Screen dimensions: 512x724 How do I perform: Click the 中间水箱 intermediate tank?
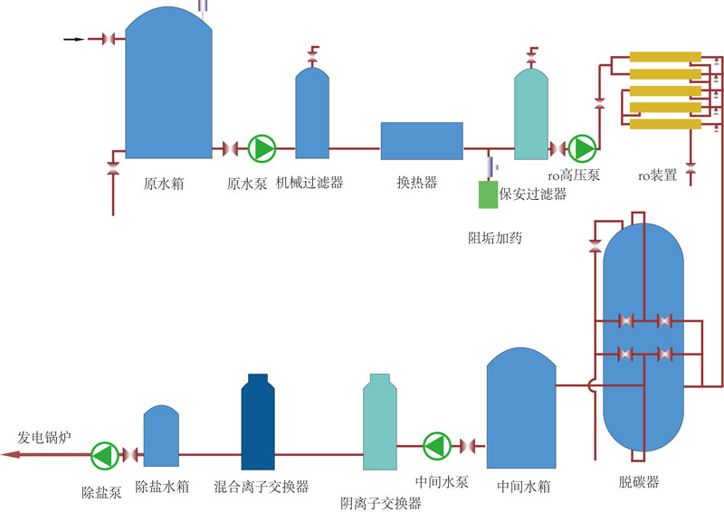[x=520, y=412]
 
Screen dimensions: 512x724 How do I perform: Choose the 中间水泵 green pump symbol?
[x=436, y=445]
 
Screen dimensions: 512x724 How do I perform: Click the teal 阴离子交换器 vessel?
[x=379, y=423]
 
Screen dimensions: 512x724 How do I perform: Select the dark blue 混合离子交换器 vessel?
[x=258, y=423]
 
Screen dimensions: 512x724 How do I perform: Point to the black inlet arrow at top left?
[x=74, y=39]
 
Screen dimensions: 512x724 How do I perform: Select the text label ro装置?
[x=658, y=175]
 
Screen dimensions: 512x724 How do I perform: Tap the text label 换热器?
[x=417, y=182]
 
